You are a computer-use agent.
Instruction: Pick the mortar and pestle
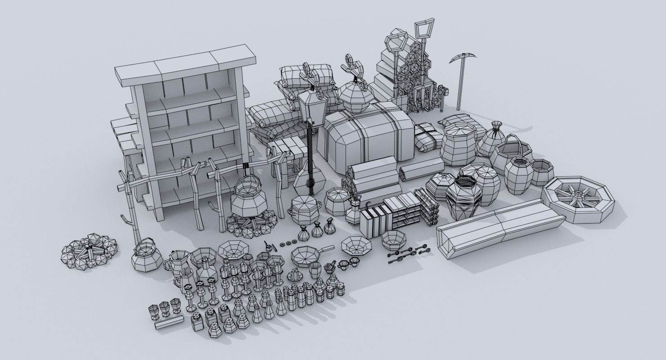tap(330, 266)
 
